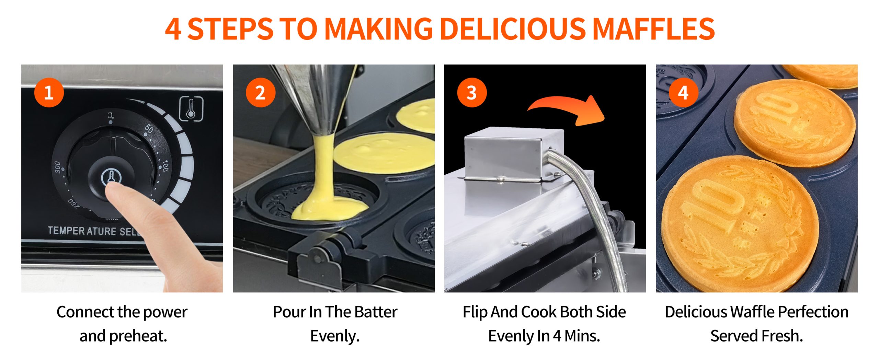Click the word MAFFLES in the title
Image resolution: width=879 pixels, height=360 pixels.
coord(654,29)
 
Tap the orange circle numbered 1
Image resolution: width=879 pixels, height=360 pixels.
coord(49,93)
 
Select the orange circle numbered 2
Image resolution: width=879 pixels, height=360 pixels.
coord(261,93)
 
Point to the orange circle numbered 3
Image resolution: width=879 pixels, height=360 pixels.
coord(472,93)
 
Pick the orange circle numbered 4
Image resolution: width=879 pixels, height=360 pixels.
coord(683,93)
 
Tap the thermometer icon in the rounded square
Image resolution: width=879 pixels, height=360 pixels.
coord(191,109)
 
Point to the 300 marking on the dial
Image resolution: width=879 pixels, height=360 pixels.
coord(57,167)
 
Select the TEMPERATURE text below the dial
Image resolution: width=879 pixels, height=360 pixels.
coord(82,231)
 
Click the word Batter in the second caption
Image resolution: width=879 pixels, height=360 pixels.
coord(376,312)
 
